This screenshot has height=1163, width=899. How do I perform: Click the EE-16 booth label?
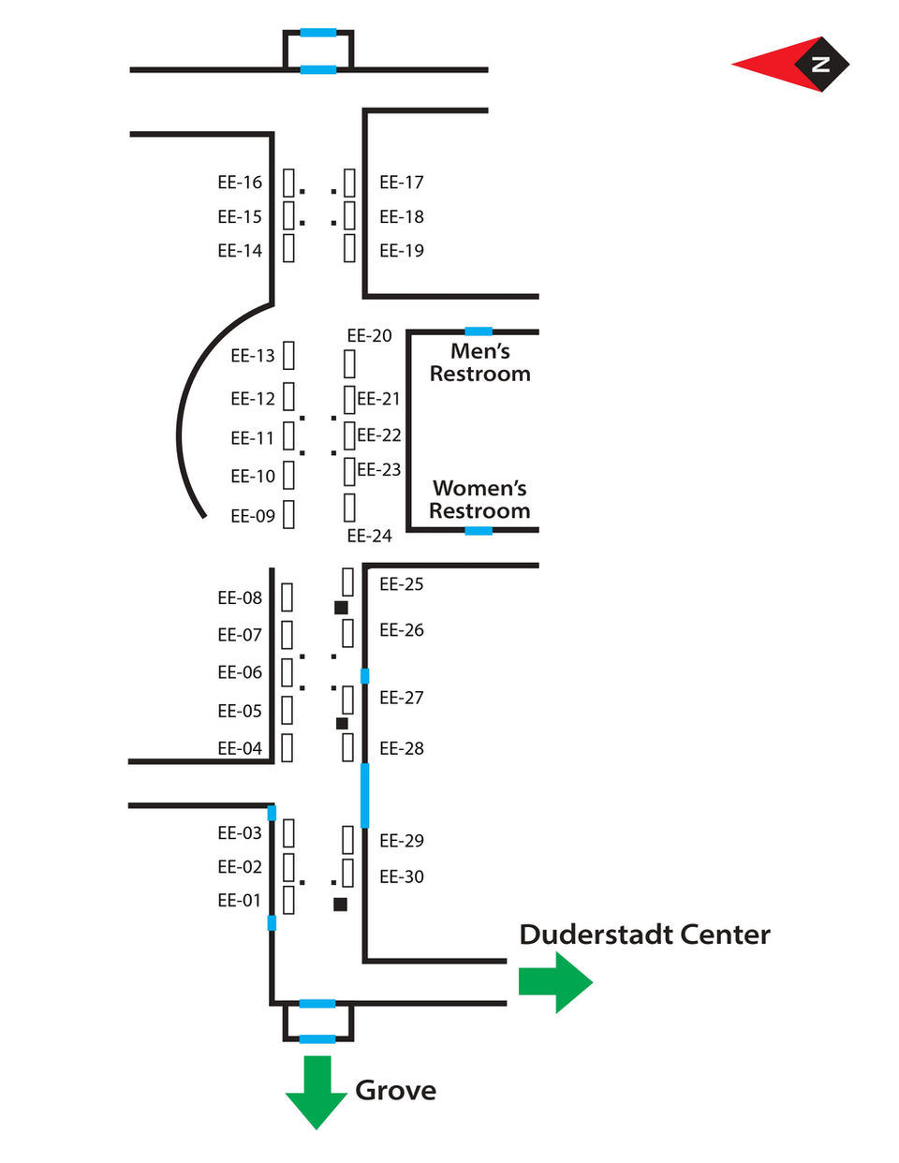pos(240,183)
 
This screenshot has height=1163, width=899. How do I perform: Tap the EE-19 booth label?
pos(402,251)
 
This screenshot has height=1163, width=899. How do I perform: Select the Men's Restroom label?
pos(479,362)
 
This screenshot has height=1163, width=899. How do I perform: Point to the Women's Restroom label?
pos(479,499)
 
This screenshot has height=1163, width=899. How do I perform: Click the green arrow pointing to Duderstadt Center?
pos(555,982)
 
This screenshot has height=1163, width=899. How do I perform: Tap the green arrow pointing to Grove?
pos(317,1091)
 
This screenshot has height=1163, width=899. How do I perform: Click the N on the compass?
pos(821,65)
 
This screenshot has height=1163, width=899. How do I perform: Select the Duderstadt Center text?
pos(644,935)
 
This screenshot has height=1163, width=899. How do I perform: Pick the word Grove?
pos(395,1091)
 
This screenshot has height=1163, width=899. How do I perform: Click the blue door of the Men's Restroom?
pos(479,331)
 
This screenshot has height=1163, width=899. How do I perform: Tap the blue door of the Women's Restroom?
pos(479,531)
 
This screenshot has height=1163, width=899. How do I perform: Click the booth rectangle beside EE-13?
pos(288,356)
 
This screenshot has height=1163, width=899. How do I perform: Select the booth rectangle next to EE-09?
pos(288,514)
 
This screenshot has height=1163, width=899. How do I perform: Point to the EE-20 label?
pos(369,336)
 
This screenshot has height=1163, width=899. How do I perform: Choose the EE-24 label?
pos(369,537)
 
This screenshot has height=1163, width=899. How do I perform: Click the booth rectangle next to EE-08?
pos(287,597)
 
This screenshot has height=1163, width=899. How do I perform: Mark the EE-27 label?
pos(402,698)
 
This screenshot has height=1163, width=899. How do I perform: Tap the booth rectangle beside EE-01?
pos(288,900)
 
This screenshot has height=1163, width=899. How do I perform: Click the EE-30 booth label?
pos(402,877)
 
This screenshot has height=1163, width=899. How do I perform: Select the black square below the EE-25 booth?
pos(341,608)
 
